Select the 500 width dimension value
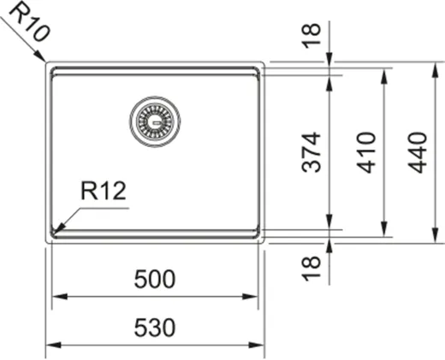pyautogui.click(x=154, y=279)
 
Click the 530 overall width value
pyautogui.click(x=154, y=328)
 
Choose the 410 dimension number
pyautogui.click(x=365, y=152)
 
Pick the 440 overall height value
pyautogui.click(x=417, y=152)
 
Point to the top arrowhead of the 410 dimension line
pyautogui.click(x=383, y=72)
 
